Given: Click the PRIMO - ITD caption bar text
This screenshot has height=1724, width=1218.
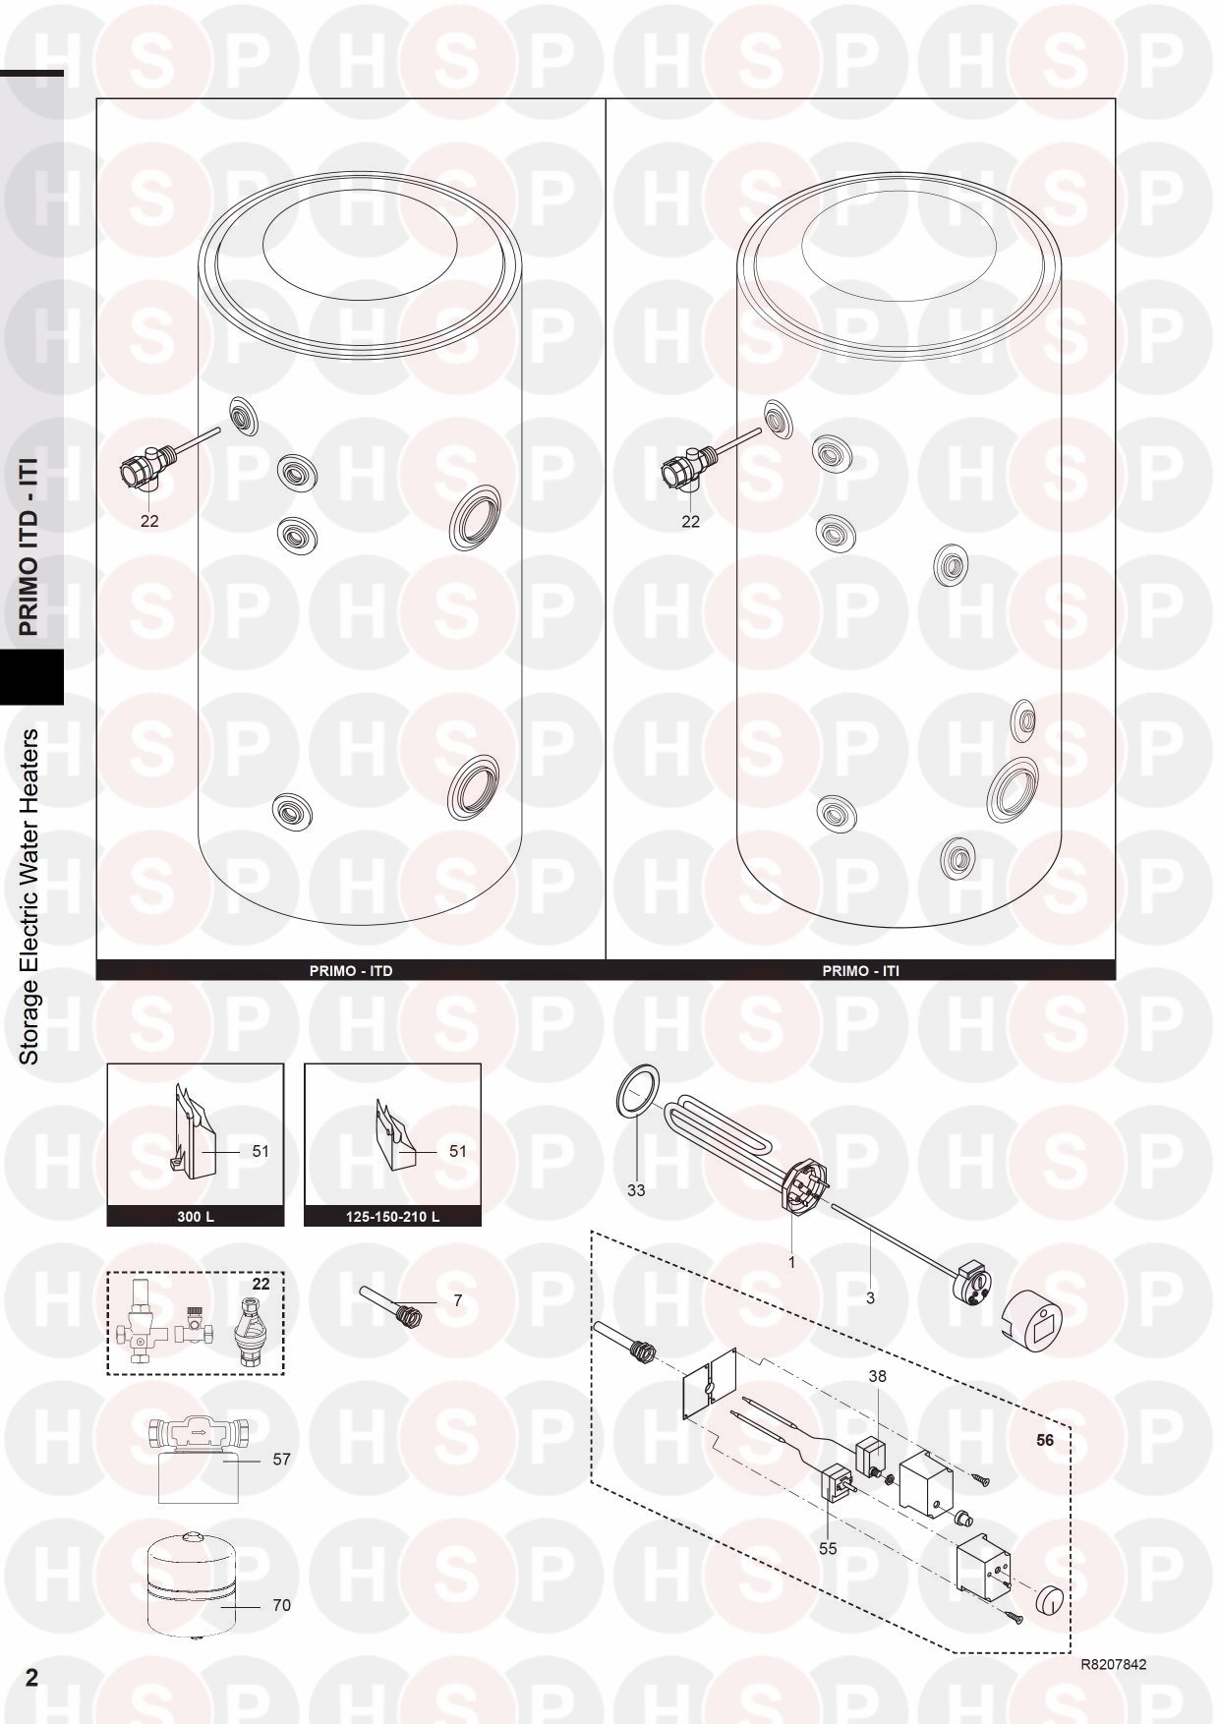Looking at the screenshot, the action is coord(351,970).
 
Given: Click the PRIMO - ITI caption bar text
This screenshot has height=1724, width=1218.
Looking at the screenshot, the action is coord(860,970).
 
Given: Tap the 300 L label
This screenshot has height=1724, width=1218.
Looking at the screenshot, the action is coord(195,1216).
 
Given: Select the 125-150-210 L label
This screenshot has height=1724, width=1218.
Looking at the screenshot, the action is coord(392,1216).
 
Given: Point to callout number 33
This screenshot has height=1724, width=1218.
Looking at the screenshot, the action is coord(636,1190).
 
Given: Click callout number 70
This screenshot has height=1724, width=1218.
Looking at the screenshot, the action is coord(281,1605).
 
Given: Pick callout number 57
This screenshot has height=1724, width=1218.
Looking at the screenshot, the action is coord(281,1460).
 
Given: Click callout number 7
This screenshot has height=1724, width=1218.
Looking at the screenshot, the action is coord(457,1300).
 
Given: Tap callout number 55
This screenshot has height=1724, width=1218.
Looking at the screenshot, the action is coord(828,1548).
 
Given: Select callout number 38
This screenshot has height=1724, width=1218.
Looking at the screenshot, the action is coord(877,1376).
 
